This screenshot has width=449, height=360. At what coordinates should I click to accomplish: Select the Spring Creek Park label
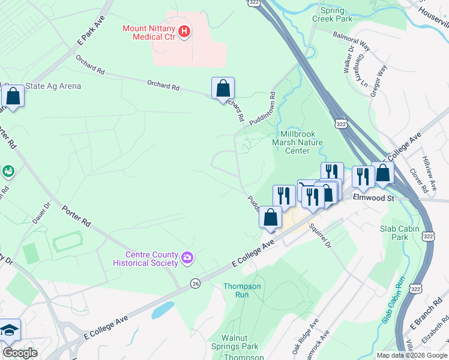click(332, 14)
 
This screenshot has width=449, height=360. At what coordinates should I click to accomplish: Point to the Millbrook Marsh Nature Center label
click(297, 142)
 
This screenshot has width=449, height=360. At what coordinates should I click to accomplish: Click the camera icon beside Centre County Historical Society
click(188, 258)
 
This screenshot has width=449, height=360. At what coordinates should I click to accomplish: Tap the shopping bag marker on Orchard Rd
click(223, 88)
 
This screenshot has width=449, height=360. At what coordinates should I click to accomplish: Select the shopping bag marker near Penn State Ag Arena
click(13, 95)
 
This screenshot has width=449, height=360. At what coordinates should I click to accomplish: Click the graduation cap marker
click(10, 329)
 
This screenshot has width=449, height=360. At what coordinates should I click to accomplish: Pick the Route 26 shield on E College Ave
click(195, 283)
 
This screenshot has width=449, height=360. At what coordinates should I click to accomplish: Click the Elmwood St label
click(373, 197)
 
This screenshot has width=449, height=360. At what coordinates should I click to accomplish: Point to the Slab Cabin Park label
click(394, 233)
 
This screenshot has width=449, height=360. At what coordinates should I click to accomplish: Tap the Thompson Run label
click(242, 290)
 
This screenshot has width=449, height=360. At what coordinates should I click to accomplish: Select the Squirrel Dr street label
click(320, 236)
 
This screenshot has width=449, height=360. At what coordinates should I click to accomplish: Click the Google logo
click(20, 353)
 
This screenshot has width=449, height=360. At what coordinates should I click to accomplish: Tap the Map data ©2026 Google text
click(412, 355)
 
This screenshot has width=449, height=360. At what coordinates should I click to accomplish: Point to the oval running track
click(68, 243)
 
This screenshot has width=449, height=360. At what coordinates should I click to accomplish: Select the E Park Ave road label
click(86, 35)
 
